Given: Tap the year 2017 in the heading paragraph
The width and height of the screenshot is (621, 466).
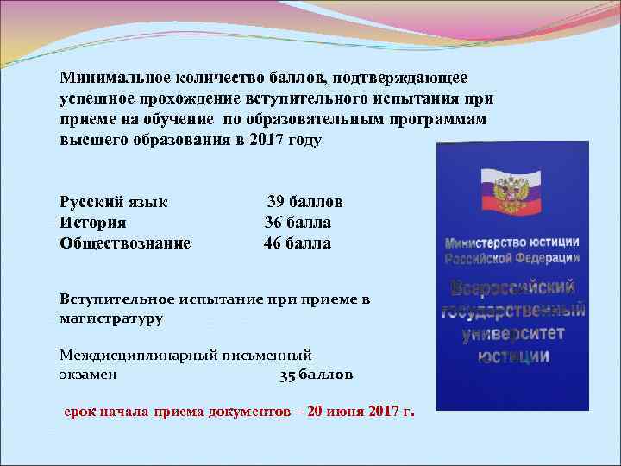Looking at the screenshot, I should [267, 140].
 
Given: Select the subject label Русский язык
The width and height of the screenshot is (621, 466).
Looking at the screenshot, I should [114, 202].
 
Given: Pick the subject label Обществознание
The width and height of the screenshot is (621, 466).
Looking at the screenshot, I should [125, 243].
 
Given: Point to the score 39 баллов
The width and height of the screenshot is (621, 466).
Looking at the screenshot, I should [304, 201].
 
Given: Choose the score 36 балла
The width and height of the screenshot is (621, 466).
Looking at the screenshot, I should [298, 223].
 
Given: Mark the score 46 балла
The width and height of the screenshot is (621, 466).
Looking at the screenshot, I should [298, 243].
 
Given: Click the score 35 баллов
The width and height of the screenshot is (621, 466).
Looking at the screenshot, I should [317, 376].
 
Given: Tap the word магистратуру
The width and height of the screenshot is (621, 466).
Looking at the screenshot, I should [111, 318].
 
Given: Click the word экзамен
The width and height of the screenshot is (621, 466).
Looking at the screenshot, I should [89, 376].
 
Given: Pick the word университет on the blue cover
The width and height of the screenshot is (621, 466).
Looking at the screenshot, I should [513, 332].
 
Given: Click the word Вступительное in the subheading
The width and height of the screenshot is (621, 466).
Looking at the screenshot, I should [116, 299].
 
